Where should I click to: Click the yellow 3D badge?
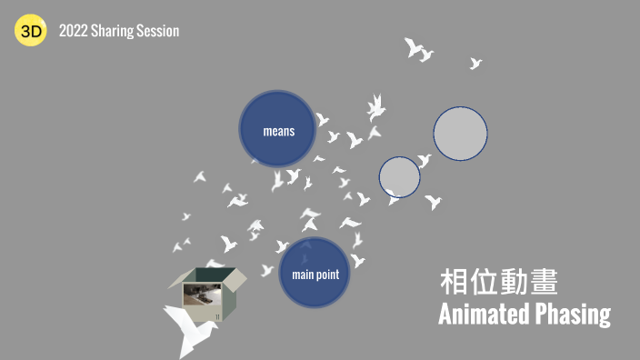pos(30,32)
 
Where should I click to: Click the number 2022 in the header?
pos(73,31)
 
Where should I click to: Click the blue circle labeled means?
pos(278,129)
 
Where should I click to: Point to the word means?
pos(278,131)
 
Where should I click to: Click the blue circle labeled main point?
pos(315,273)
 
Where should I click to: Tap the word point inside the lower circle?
pos(327,275)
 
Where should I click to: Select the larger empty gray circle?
pos(460,134)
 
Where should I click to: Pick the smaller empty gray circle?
pos(399,176)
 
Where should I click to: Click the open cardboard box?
pos(208,290)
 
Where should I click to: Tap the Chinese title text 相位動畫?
pos(498,282)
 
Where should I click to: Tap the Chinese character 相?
pos(454,282)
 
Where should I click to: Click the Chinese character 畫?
pos(544,282)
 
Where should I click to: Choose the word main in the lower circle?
pos(302,275)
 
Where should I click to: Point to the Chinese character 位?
pos(484,282)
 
